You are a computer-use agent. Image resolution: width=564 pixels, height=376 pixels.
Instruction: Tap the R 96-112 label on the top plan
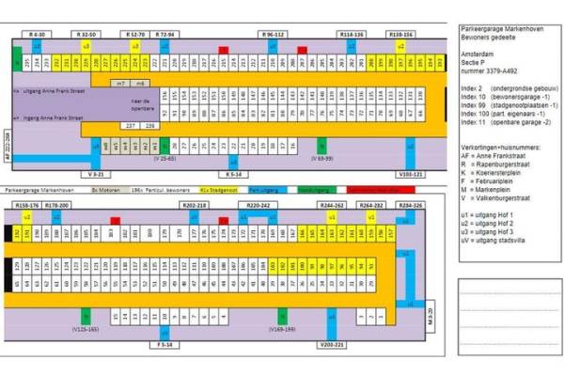274,34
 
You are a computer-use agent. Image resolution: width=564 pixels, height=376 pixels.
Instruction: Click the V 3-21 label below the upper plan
98,174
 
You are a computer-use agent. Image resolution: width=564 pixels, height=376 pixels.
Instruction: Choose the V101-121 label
411,174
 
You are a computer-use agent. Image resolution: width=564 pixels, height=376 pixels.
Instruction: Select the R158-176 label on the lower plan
27,204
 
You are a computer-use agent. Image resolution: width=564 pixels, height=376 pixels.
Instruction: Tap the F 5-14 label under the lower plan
164,345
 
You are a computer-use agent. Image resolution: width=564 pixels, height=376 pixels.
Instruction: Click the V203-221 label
332,345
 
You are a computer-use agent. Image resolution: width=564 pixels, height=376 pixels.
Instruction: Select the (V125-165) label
86,331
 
